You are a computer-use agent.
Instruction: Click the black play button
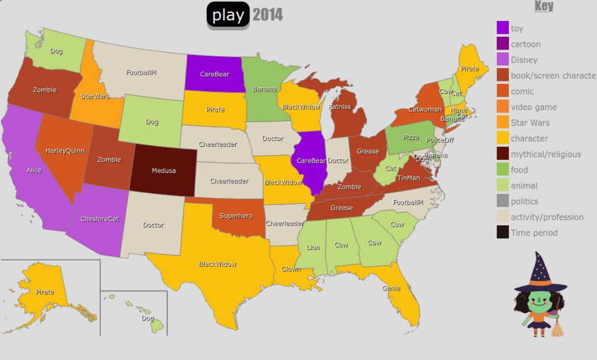tap(228, 15)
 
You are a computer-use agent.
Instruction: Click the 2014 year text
tap(268, 15)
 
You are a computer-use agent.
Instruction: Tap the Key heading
tap(543, 6)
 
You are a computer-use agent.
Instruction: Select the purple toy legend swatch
tap(503, 28)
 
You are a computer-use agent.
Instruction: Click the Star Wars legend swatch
tap(503, 122)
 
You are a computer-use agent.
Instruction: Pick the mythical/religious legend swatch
tap(503, 154)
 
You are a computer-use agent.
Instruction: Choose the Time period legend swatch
tap(503, 232)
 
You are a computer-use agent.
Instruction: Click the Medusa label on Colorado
tap(163, 171)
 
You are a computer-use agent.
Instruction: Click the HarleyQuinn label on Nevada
tap(65, 151)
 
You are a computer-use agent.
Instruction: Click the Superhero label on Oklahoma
tap(236, 216)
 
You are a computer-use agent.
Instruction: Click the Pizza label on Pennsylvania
tap(410, 137)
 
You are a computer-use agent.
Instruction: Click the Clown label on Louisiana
tap(290, 269)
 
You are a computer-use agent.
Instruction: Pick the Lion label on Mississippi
tap(313, 248)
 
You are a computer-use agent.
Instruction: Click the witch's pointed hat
tap(542, 274)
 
